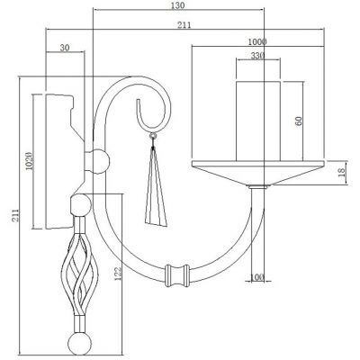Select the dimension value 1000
click(259, 41)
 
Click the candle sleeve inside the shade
click(260, 117)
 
